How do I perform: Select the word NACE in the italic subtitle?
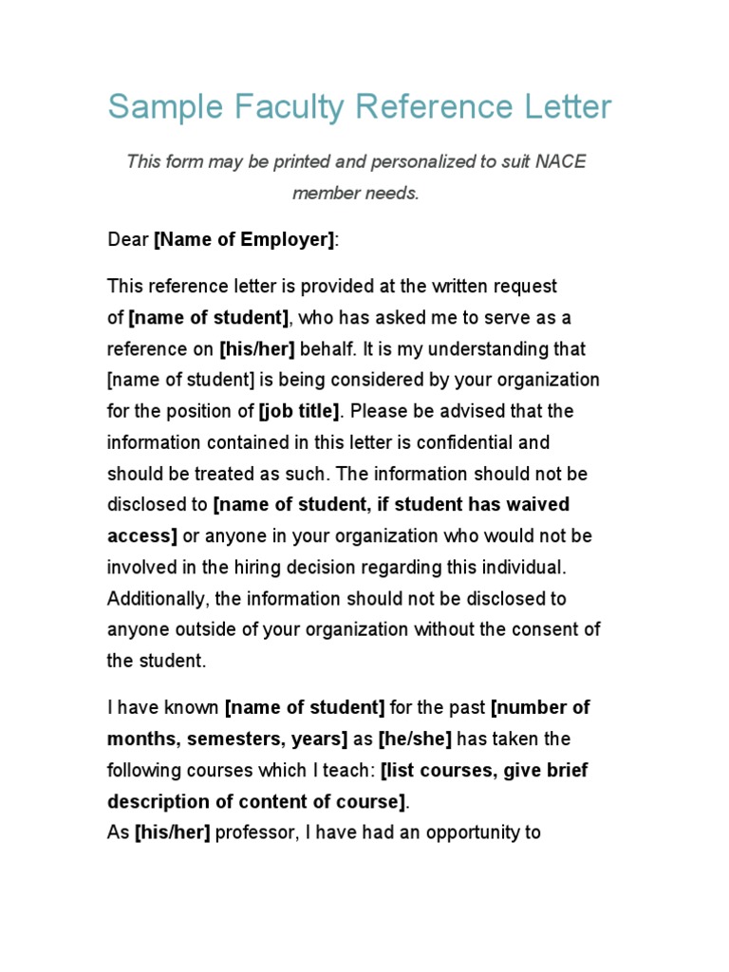point(560,161)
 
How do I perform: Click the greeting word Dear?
point(128,240)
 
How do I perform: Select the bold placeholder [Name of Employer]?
point(245,240)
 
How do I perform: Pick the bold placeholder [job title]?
point(299,411)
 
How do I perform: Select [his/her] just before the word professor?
point(173,833)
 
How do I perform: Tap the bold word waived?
point(539,504)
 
